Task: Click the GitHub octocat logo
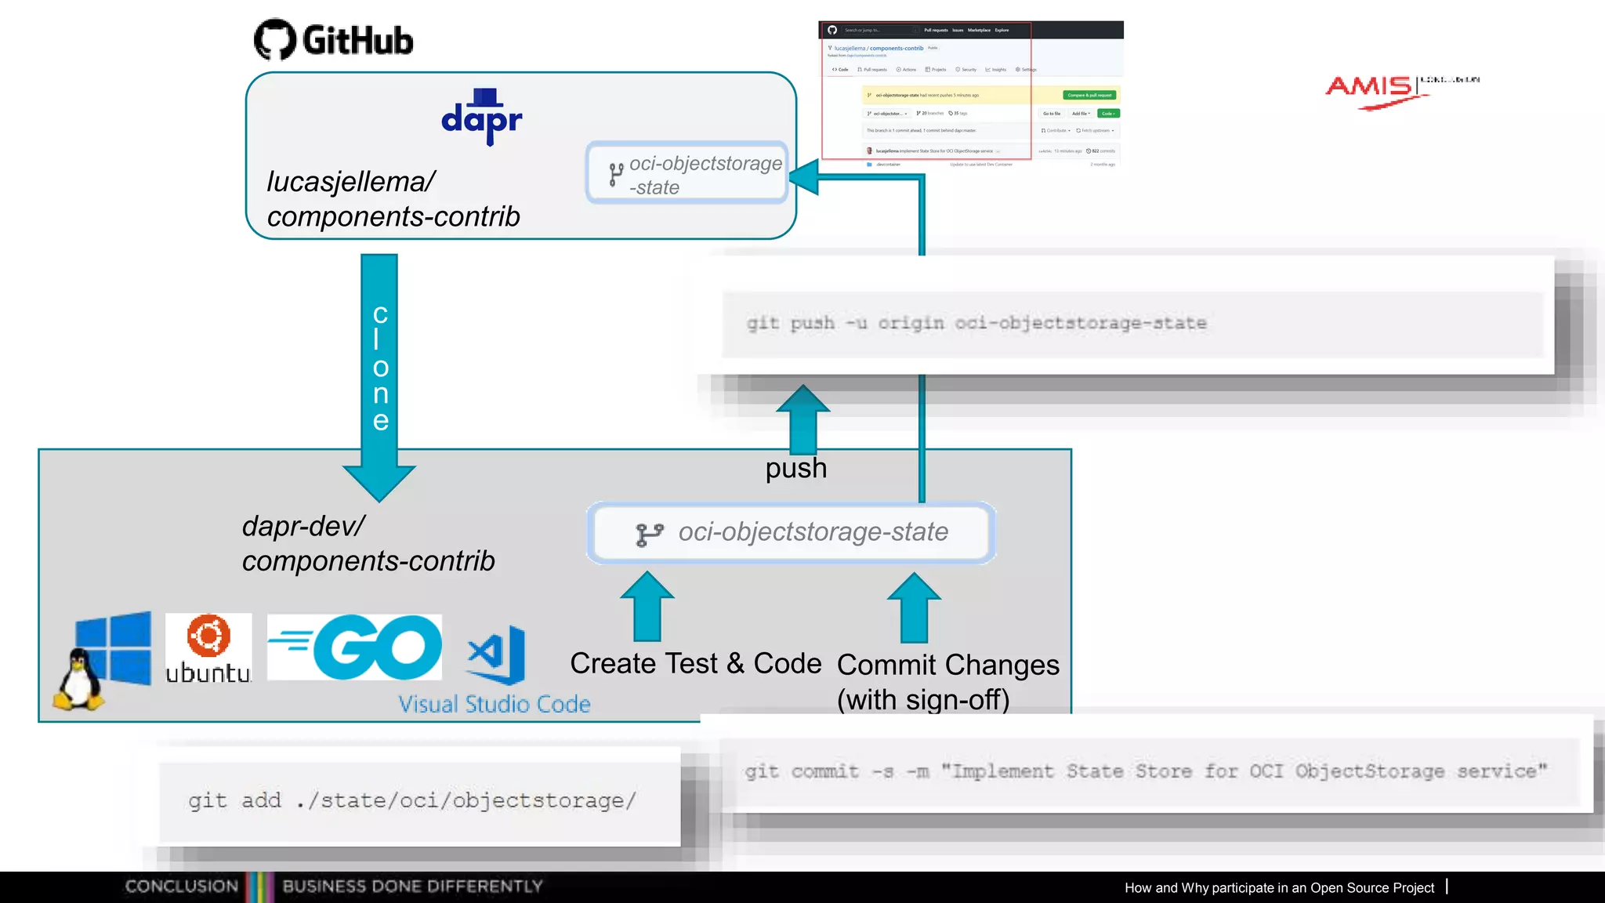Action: pos(275,39)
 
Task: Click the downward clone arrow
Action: pos(379,376)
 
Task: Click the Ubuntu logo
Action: pos(208,648)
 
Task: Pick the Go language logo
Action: pos(355,647)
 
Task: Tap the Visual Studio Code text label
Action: pos(494,704)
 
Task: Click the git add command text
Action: pos(412,800)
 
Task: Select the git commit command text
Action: pos(1146,771)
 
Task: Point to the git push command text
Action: pos(976,323)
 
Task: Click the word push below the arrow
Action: pos(796,468)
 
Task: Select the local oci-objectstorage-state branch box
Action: pos(792,533)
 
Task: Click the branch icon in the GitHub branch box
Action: pos(616,174)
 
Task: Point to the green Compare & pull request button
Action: pos(1089,95)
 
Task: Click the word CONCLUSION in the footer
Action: pos(181,887)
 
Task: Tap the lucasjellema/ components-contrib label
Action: pos(393,199)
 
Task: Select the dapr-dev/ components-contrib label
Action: pos(368,543)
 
